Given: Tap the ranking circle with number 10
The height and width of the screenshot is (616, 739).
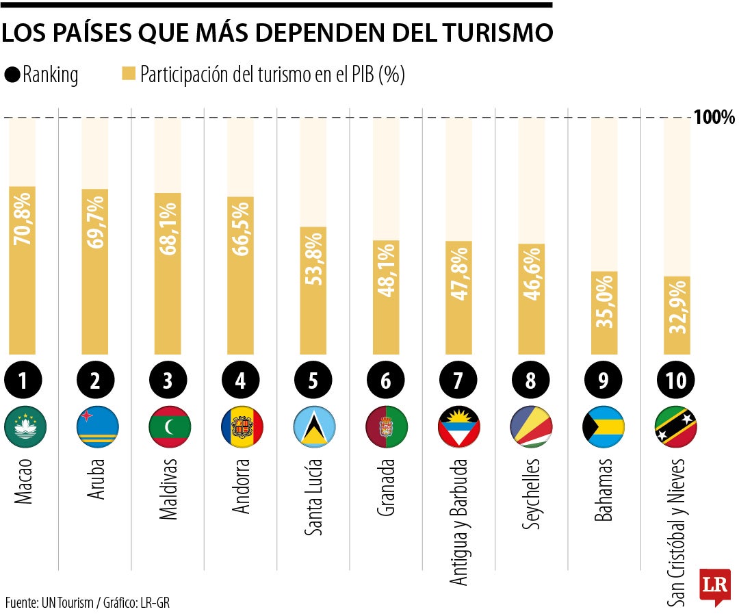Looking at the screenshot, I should [676, 381].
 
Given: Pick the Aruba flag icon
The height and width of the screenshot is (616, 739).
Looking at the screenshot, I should [96, 426].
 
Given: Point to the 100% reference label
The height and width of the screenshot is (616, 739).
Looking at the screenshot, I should [714, 117].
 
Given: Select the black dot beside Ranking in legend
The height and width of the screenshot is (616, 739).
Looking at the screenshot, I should [12, 75].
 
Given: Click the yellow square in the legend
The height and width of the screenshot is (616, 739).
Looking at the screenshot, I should [129, 74].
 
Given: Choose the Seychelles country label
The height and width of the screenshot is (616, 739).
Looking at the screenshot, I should [530, 493].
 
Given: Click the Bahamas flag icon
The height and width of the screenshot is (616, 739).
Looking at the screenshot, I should [604, 426].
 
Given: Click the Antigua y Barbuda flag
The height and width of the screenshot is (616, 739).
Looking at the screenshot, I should [458, 426].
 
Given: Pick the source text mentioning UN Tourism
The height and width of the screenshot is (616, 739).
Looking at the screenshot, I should [87, 603].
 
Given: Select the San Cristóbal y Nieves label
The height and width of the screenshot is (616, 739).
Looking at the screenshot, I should [676, 530].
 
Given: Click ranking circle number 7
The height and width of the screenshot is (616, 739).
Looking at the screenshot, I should [458, 381].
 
